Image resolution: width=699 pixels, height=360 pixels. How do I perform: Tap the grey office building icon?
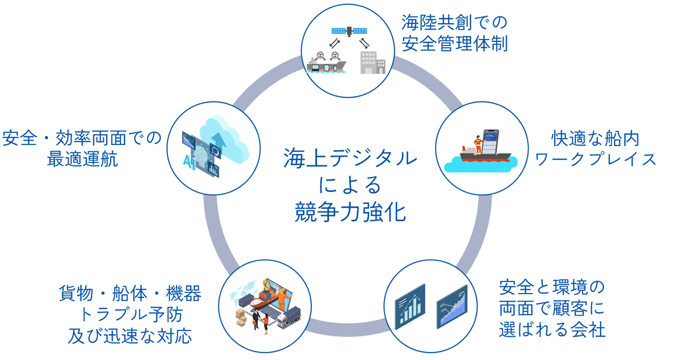click(372, 62)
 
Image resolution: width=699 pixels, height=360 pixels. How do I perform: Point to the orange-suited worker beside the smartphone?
click(478, 144)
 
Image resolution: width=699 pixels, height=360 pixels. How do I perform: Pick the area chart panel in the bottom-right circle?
click(452, 306)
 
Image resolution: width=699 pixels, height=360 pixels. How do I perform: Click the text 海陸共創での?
click(454, 23)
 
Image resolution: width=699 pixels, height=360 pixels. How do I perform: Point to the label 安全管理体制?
click(454, 44)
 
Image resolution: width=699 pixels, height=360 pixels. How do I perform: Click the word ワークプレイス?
click(596, 159)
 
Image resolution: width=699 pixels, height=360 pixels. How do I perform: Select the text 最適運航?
click(82, 158)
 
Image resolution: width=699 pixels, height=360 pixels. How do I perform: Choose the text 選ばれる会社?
click(552, 329)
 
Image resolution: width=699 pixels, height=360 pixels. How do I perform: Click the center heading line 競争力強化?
click(349, 211)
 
